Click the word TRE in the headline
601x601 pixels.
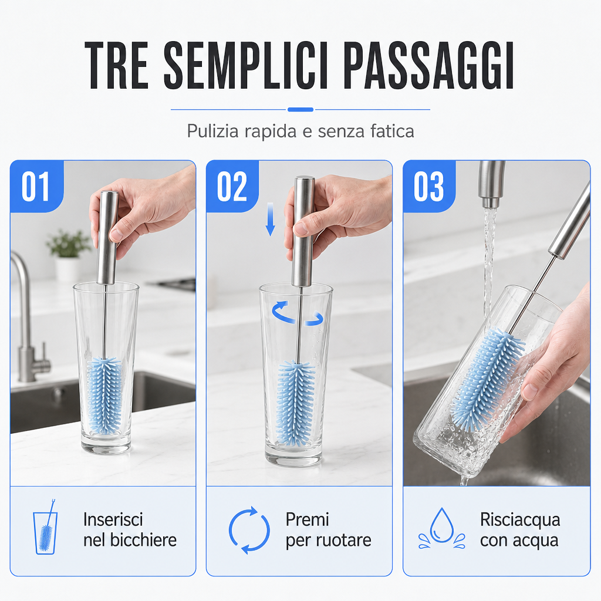117,65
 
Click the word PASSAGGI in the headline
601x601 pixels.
428,65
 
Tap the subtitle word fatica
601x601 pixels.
392,131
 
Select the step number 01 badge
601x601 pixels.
37,186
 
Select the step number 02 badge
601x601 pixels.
232,186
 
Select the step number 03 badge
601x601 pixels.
429,186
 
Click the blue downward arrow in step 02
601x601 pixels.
270,220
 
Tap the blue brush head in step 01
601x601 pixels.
104,396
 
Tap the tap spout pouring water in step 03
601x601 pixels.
491,184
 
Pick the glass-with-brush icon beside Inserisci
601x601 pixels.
46,526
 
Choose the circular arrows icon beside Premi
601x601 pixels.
249,530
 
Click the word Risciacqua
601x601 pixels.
520,520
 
